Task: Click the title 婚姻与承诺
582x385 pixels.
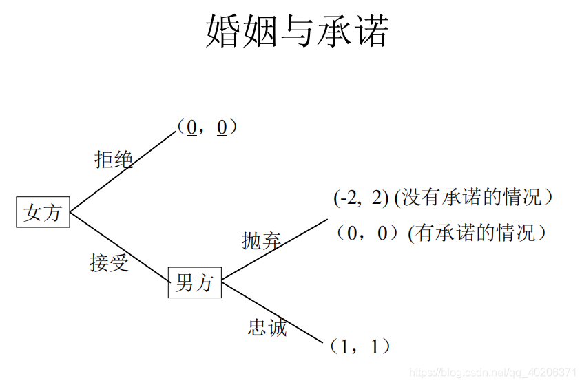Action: click(297, 32)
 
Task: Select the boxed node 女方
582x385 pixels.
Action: click(43, 212)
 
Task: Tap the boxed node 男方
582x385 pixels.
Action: click(195, 282)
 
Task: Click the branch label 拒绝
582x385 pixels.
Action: click(114, 159)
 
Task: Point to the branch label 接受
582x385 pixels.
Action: click(109, 262)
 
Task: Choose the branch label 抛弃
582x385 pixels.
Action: click(262, 240)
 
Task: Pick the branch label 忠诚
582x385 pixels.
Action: click(267, 327)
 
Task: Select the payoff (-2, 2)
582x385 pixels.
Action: click(361, 198)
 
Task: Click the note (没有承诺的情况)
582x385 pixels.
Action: click(474, 198)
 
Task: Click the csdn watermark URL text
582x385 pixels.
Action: click(492, 372)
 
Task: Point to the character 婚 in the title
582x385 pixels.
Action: click(222, 32)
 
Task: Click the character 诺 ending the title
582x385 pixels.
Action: click(371, 32)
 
